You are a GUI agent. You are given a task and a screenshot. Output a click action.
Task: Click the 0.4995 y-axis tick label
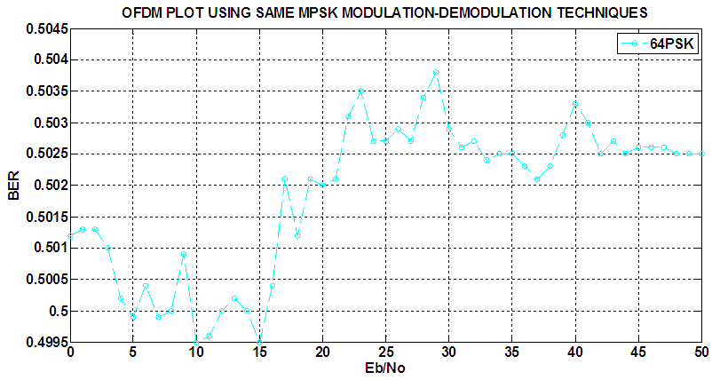44,342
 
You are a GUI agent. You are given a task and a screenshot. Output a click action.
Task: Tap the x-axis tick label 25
385,352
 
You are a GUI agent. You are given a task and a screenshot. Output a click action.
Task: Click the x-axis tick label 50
700,352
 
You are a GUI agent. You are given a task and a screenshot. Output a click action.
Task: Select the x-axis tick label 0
70,352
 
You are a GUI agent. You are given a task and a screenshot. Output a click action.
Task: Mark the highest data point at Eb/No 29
436,72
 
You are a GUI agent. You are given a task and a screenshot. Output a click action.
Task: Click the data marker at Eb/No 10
196,342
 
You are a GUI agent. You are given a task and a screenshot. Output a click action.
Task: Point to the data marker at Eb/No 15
259,342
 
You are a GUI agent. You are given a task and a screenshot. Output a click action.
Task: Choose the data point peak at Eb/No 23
360,91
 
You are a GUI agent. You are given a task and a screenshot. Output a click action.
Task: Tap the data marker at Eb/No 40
575,104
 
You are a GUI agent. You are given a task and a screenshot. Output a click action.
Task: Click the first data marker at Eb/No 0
70,235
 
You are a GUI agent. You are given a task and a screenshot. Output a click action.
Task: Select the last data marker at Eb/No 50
701,154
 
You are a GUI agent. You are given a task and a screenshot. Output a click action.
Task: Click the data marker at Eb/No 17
284,178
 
